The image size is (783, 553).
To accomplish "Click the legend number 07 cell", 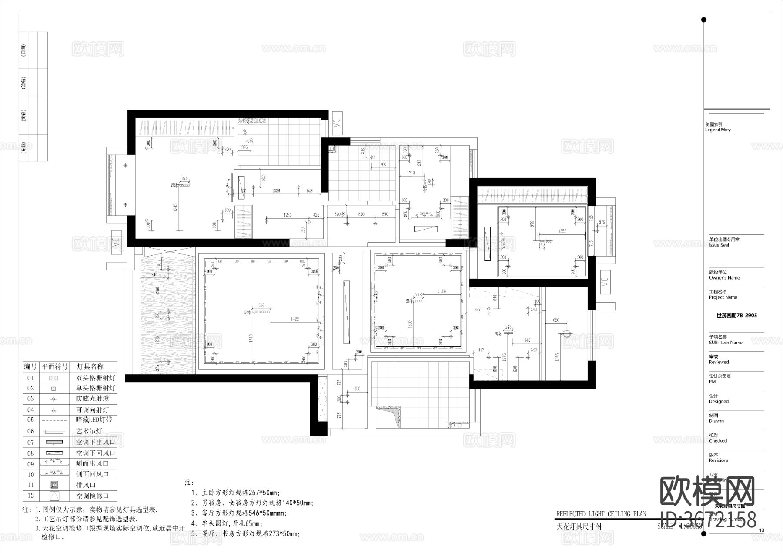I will coord(30,442).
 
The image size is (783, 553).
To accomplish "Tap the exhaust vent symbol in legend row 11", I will coord(54,485).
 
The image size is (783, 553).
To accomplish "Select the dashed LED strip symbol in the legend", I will coord(54,420).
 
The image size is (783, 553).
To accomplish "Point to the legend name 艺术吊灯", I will coord(89,431).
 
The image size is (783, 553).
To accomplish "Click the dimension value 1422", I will coord(294,319).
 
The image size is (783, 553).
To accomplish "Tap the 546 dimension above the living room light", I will coord(261,306).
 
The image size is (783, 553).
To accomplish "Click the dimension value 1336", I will coord(276,190).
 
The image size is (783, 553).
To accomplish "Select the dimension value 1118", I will coord(442,291).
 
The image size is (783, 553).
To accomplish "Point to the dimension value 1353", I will coord(562,231).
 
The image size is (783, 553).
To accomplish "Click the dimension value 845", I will coord(527,340).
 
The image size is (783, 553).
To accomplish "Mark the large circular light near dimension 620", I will coord(566,333).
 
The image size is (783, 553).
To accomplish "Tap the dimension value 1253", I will coord(287,215).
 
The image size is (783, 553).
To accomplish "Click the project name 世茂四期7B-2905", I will coord(736,316).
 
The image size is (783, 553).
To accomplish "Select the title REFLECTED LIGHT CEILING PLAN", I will coord(601,514).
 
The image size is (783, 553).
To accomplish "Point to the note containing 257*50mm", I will coord(235,493).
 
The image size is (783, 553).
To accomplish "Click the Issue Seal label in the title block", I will coord(719,245).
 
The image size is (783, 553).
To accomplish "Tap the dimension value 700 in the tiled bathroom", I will coord(383,164).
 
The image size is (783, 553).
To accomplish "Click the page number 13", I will coord(761,530).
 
